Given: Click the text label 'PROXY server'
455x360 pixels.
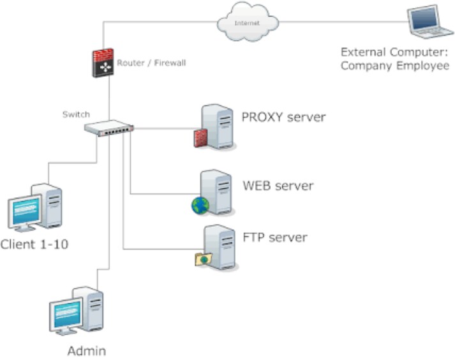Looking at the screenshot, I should coord(283,117).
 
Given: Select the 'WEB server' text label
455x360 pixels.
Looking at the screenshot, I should coord(278,186).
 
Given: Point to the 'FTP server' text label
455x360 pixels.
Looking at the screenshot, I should coord(275,237).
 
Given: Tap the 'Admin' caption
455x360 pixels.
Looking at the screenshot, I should coord(86,350).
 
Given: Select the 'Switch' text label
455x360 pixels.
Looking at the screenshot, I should coord(72,114).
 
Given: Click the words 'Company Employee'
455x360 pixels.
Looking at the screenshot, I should coord(395,65).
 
